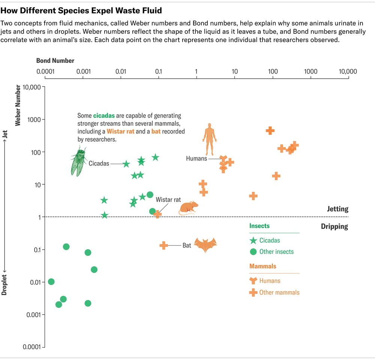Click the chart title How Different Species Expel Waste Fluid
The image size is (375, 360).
point(81,9)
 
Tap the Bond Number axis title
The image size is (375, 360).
point(55,61)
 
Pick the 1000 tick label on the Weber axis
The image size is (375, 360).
point(32,120)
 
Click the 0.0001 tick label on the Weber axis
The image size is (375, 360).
point(32,347)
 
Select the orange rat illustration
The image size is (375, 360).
point(189,208)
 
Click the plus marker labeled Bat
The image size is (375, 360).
point(163,245)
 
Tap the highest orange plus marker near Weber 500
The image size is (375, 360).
point(270,130)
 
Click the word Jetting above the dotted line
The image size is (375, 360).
point(337,209)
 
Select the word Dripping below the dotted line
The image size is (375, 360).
point(334,226)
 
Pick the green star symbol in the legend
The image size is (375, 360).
point(253,240)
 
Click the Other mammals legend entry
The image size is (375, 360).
point(279,293)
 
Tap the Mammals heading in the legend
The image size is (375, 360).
point(262,266)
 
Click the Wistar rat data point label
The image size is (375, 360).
point(168,200)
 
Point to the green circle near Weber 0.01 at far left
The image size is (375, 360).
point(51,282)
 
